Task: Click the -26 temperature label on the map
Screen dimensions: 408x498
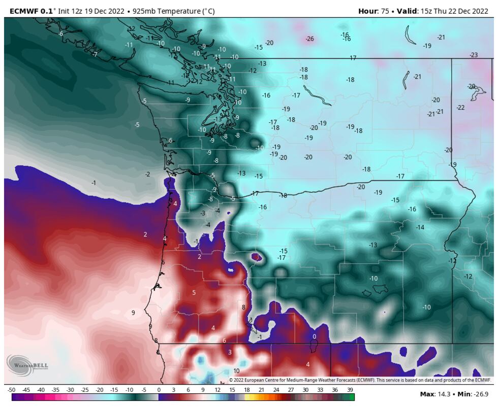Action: (x=309, y=39)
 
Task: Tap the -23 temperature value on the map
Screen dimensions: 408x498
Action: (x=474, y=55)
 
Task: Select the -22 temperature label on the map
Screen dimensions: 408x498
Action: (x=460, y=107)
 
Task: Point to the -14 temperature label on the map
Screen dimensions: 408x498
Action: (x=420, y=227)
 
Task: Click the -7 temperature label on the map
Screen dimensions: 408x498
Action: (x=95, y=54)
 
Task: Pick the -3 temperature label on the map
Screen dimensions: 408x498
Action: (x=202, y=213)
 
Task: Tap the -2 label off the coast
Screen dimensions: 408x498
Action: (x=147, y=174)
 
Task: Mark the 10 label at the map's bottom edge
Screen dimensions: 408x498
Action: (x=236, y=371)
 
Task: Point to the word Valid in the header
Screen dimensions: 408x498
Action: (x=406, y=11)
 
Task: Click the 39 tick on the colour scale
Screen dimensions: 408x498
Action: (x=350, y=390)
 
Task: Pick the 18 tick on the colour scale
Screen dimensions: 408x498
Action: (x=247, y=390)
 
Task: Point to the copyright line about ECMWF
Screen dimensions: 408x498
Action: (x=360, y=380)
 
